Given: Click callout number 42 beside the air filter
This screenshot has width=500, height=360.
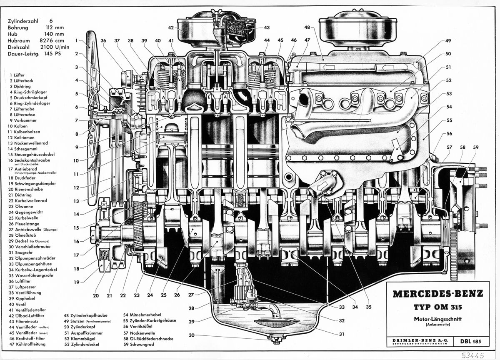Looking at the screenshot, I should click(x=171, y=28).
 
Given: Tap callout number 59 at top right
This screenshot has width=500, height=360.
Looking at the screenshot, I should click(x=476, y=147).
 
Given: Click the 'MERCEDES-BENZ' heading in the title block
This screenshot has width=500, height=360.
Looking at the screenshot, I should click(x=438, y=293).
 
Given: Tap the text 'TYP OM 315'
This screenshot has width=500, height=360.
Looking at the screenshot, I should click(x=438, y=308).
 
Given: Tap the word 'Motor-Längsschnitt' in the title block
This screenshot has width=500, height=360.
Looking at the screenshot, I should click(x=438, y=319).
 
